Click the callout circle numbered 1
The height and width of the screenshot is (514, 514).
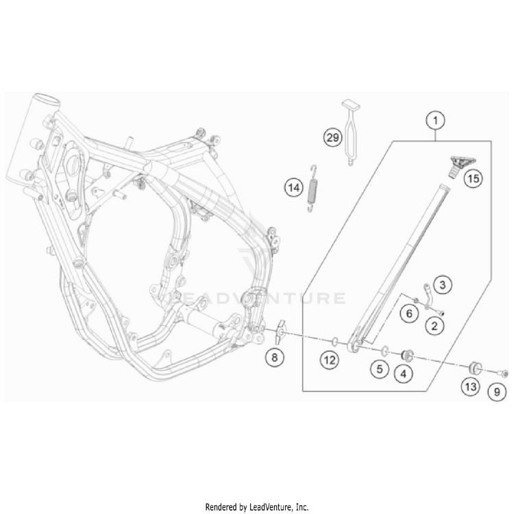click(435, 121)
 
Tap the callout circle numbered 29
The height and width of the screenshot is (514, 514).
click(332, 138)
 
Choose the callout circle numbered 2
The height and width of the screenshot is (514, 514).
click(433, 328)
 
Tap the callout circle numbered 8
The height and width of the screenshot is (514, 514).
click(274, 356)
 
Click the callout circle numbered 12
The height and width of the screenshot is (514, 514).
click(330, 359)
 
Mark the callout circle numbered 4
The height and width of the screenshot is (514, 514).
click(403, 374)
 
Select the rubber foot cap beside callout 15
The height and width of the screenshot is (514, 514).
click(453, 164)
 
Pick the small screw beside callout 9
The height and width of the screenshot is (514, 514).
click(502, 372)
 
